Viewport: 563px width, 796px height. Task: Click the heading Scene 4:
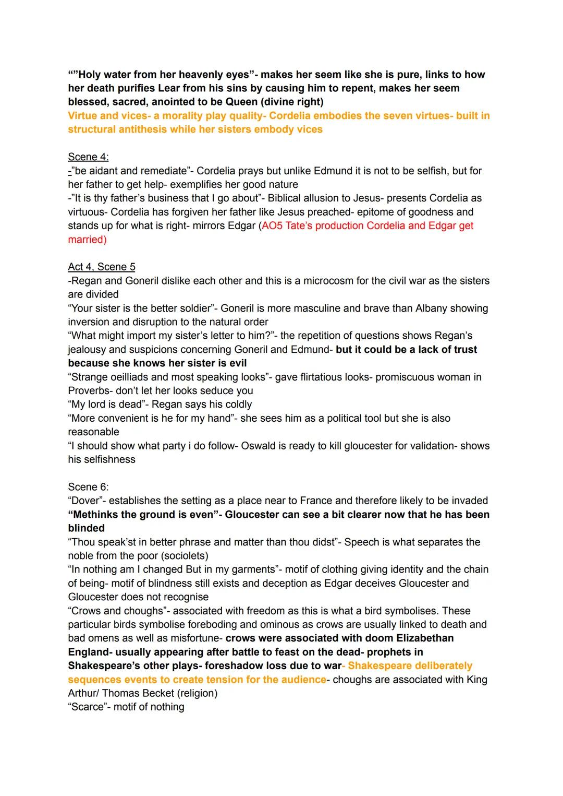click(88, 157)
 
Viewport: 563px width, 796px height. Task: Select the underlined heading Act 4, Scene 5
click(102, 267)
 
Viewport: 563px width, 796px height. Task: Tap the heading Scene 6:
click(88, 487)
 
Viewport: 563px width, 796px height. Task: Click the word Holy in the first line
click(89, 75)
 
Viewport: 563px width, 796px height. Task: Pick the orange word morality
click(183, 116)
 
